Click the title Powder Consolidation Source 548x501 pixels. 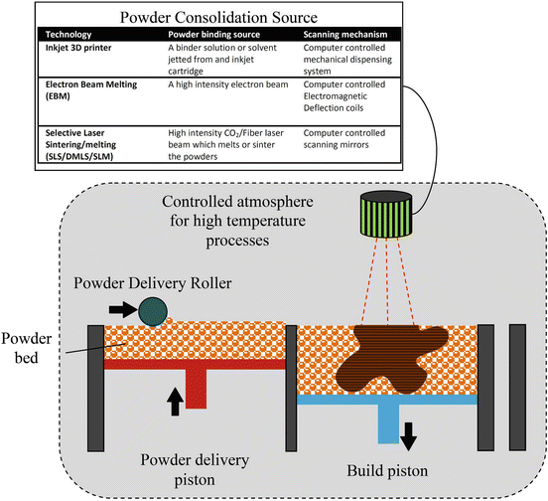(x=218, y=17)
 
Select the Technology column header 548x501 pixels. (x=68, y=34)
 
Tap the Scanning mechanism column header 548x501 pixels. (x=345, y=34)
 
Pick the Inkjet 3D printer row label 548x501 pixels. (x=78, y=48)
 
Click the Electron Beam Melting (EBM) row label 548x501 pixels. (x=91, y=90)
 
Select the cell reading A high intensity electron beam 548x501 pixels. (x=228, y=84)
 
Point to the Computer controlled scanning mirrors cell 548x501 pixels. (x=344, y=138)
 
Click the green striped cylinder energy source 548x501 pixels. (x=386, y=214)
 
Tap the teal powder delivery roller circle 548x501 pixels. (x=153, y=311)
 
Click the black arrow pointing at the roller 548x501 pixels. (x=123, y=309)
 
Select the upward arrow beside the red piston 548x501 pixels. (x=175, y=402)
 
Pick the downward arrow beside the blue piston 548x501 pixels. (x=408, y=436)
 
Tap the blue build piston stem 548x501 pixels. (x=388, y=424)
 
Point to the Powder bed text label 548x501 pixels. (x=26, y=348)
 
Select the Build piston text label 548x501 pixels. (x=387, y=471)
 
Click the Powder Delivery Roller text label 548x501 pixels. (x=152, y=283)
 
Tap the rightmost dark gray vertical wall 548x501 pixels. (x=517, y=388)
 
